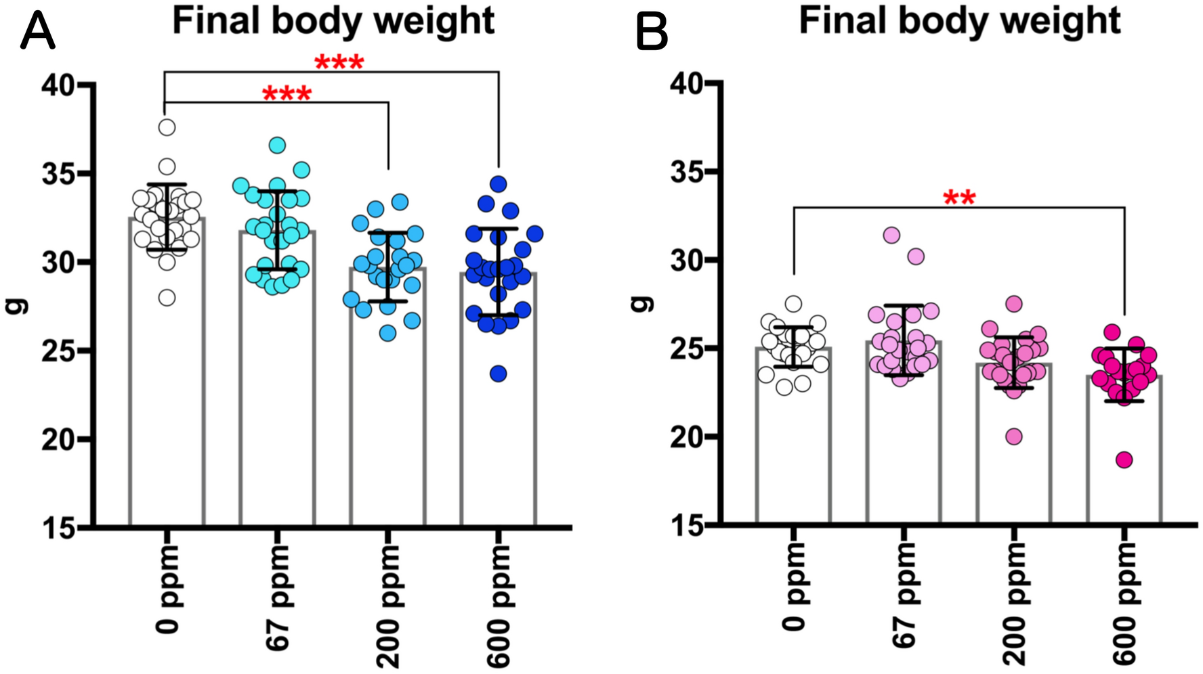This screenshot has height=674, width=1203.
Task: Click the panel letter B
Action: [652, 32]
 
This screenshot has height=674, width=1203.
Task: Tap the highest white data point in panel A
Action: [167, 127]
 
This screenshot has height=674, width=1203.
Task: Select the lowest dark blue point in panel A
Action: [499, 374]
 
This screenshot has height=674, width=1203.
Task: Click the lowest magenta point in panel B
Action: [1124, 460]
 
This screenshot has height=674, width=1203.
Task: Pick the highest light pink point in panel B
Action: [891, 235]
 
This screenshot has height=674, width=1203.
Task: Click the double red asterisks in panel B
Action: [958, 198]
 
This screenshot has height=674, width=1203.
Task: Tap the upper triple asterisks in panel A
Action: [339, 63]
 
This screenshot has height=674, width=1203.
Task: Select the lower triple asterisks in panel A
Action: [287, 94]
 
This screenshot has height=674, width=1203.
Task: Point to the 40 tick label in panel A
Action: [58, 85]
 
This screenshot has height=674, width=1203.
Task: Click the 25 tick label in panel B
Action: [686, 349]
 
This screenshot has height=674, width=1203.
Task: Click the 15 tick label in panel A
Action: [58, 529]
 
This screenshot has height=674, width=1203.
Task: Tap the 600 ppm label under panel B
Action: [1125, 604]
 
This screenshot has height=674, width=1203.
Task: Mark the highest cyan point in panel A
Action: [277, 145]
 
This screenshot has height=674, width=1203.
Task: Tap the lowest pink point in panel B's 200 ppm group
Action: [1014, 436]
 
